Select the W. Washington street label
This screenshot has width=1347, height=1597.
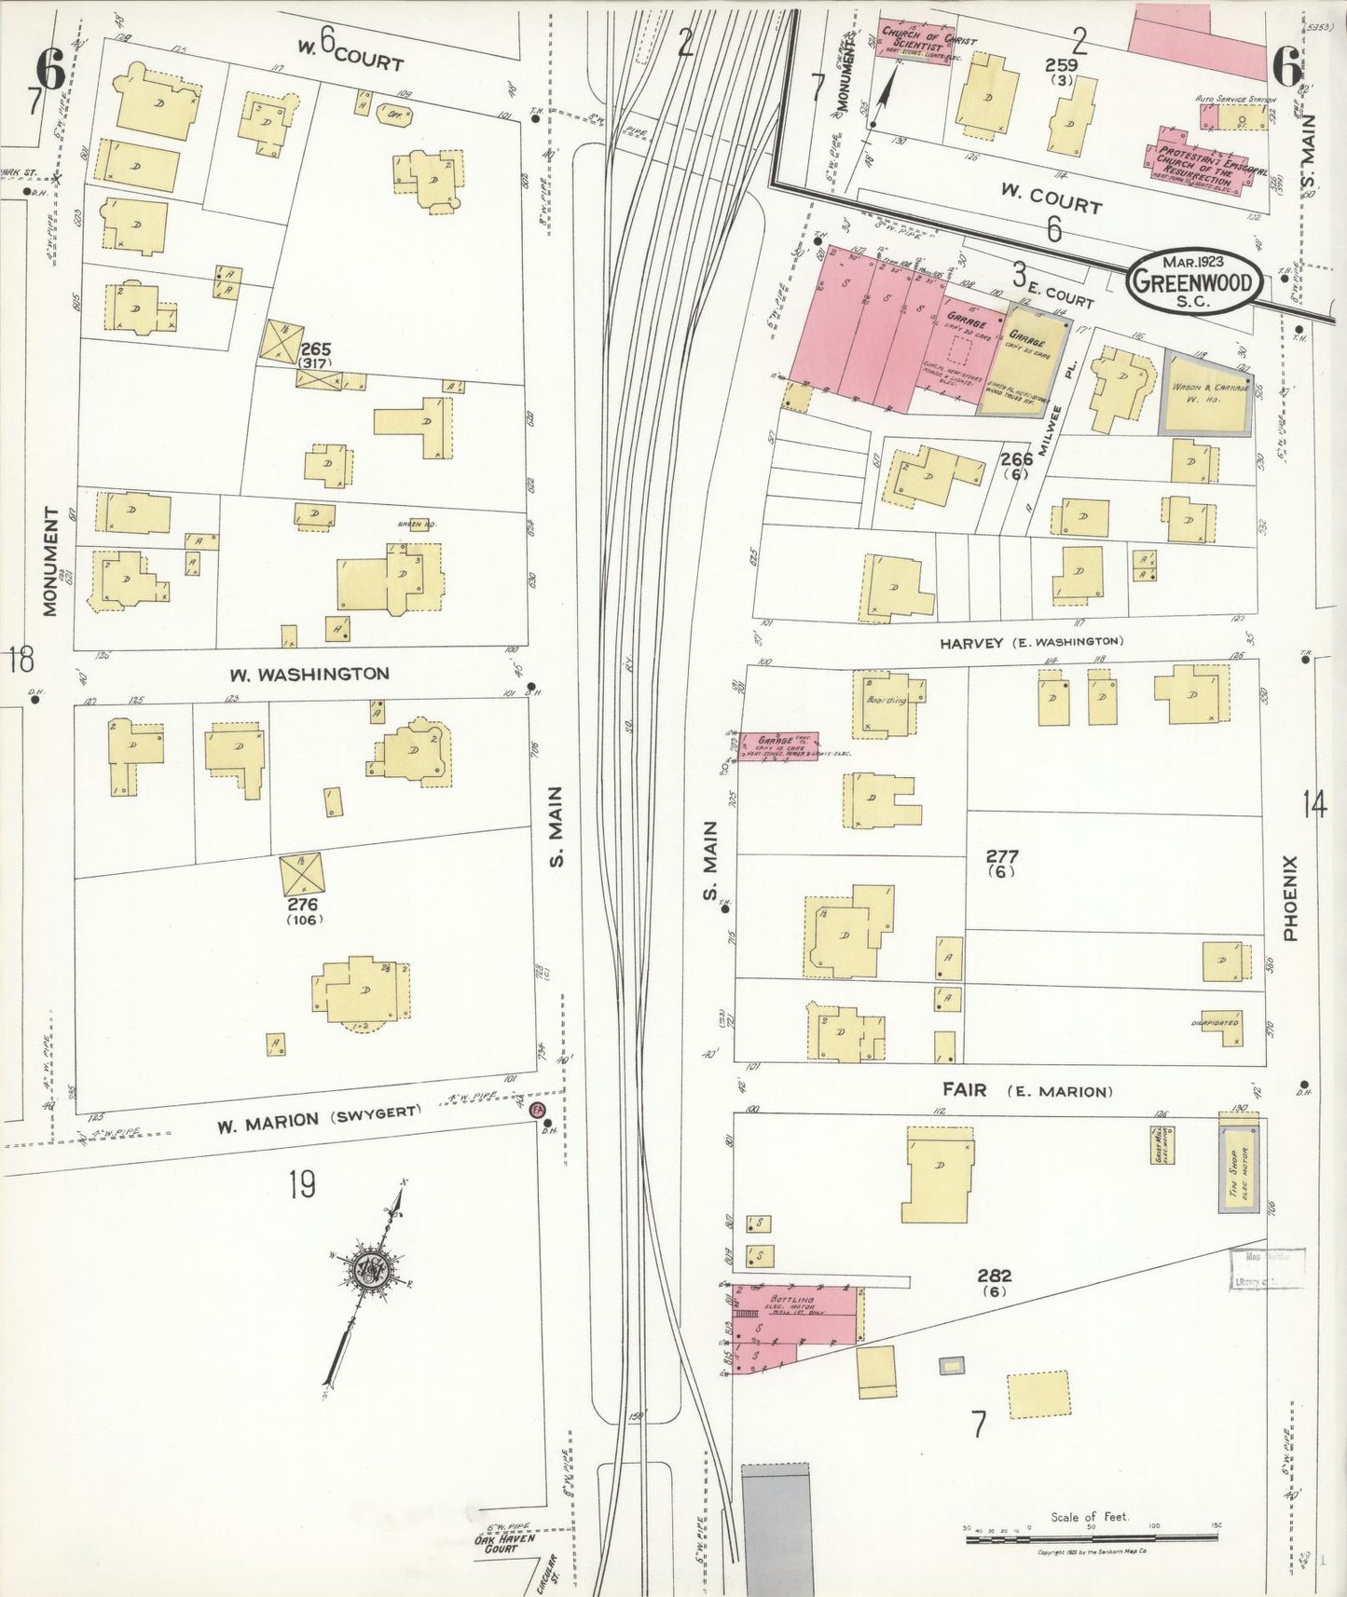pyautogui.click(x=310, y=673)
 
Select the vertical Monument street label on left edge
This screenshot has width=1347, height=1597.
pyautogui.click(x=50, y=562)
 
